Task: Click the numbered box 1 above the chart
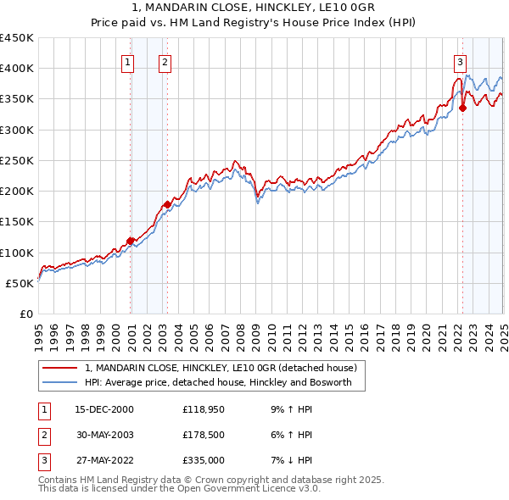[x=127, y=61]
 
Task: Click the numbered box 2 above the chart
[x=164, y=61]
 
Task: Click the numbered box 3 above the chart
[x=459, y=61]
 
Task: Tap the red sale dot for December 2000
[x=131, y=241]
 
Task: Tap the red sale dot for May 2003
[x=168, y=204]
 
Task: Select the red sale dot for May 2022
[x=462, y=108]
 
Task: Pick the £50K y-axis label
[x=20, y=283]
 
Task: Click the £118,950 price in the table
[x=204, y=409]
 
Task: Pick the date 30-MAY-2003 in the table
[x=104, y=436]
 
